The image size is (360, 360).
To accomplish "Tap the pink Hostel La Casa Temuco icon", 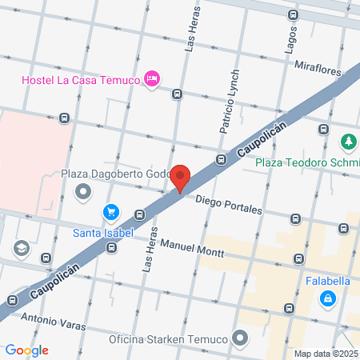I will (x=151, y=78).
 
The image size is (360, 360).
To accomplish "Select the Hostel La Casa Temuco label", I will (x=78, y=81).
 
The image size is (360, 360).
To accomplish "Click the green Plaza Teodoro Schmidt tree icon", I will (x=348, y=142).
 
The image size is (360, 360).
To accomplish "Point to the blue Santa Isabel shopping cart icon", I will (x=111, y=213).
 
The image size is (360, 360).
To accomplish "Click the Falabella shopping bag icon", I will (x=327, y=298).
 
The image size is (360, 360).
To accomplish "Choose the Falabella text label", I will (x=328, y=281).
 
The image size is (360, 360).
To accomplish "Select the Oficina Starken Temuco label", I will (x=169, y=338).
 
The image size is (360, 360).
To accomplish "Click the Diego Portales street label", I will (x=229, y=205).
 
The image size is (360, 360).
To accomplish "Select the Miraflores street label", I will (x=318, y=70).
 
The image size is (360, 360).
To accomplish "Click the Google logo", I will (x=26, y=350).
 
